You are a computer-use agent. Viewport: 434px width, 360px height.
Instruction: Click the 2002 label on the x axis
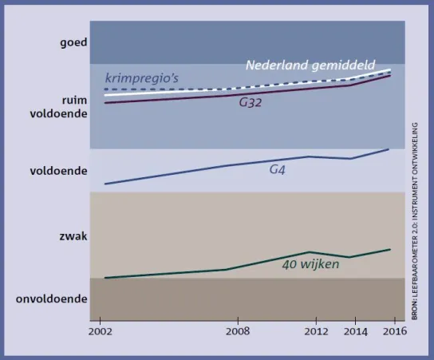[101, 331]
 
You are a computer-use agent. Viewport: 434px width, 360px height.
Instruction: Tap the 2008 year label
[238, 331]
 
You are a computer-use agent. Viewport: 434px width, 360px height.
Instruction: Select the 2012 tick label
[316, 331]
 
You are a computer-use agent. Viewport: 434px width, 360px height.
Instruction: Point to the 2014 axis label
[356, 331]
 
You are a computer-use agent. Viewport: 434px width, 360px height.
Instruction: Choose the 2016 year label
[395, 331]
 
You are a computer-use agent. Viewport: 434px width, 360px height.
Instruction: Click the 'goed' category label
[73, 43]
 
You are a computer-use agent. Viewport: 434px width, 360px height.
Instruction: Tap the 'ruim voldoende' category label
[59, 107]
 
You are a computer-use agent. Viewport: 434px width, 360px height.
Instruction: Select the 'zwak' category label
[73, 236]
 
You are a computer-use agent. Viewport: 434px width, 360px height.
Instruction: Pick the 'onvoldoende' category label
[52, 299]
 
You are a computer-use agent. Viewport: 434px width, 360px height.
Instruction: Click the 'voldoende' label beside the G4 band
[59, 171]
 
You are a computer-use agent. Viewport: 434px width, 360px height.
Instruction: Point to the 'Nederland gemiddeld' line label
[310, 65]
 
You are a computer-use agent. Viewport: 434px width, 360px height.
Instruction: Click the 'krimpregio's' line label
[142, 78]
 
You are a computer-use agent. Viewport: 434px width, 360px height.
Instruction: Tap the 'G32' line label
[251, 102]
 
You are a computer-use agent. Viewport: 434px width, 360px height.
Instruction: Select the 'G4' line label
[277, 169]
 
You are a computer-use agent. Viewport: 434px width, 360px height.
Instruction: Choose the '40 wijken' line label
[310, 264]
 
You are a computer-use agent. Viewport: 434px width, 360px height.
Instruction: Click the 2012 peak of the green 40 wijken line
[310, 251]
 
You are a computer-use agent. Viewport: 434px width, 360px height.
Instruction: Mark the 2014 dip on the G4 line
[351, 159]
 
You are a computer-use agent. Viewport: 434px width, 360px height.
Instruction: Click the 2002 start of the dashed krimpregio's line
[105, 89]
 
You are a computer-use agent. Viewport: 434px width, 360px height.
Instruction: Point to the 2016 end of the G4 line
[389, 149]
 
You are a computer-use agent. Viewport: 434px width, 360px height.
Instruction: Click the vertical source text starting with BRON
[414, 221]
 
